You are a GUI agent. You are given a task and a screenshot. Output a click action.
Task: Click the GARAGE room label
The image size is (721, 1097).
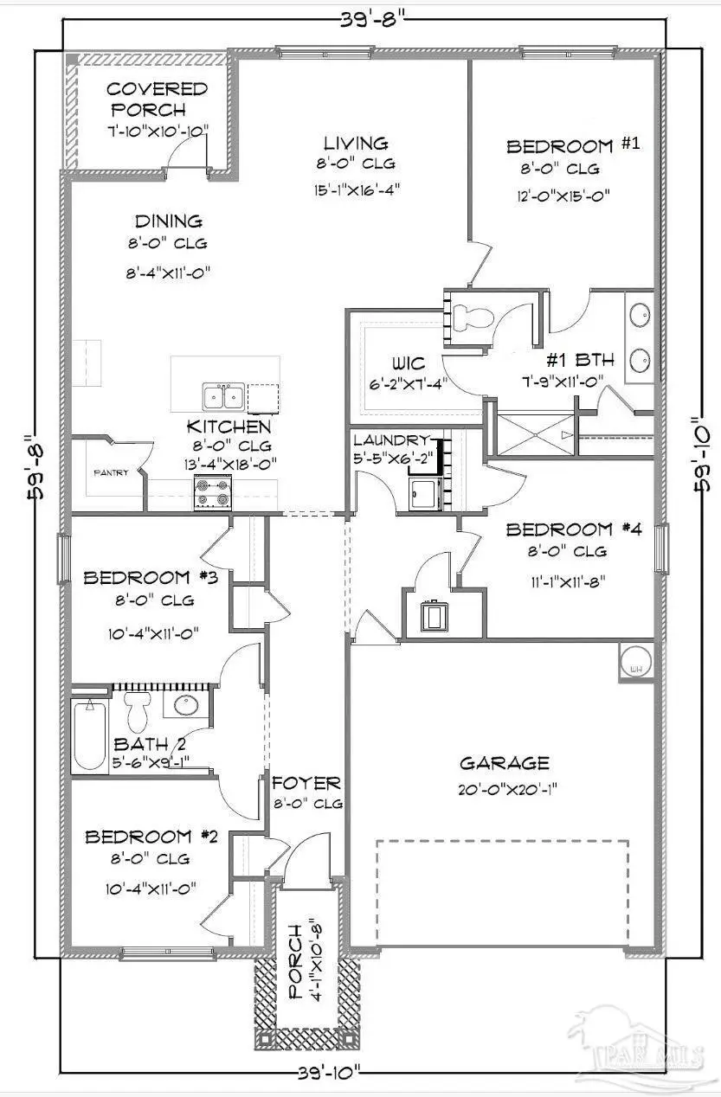click(x=504, y=763)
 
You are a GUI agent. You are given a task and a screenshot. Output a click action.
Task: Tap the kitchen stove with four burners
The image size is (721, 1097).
click(x=212, y=493)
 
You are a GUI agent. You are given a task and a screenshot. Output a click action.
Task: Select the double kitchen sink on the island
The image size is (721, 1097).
click(x=223, y=396)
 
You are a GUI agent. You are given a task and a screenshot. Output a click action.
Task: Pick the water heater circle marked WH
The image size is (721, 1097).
click(x=636, y=663)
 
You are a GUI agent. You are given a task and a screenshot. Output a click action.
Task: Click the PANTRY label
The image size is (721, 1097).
click(x=111, y=472)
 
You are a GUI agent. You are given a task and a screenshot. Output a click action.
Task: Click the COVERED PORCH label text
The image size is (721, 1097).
click(x=146, y=99)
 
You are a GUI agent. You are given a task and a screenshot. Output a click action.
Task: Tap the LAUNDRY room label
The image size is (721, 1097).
click(x=390, y=439)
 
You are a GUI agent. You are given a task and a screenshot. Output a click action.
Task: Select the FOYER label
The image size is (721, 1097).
click(x=306, y=784)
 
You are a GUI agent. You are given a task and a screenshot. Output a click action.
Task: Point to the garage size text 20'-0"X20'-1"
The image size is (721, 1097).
click(x=504, y=789)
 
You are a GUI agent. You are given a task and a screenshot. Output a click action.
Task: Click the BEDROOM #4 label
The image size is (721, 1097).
click(x=573, y=529)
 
